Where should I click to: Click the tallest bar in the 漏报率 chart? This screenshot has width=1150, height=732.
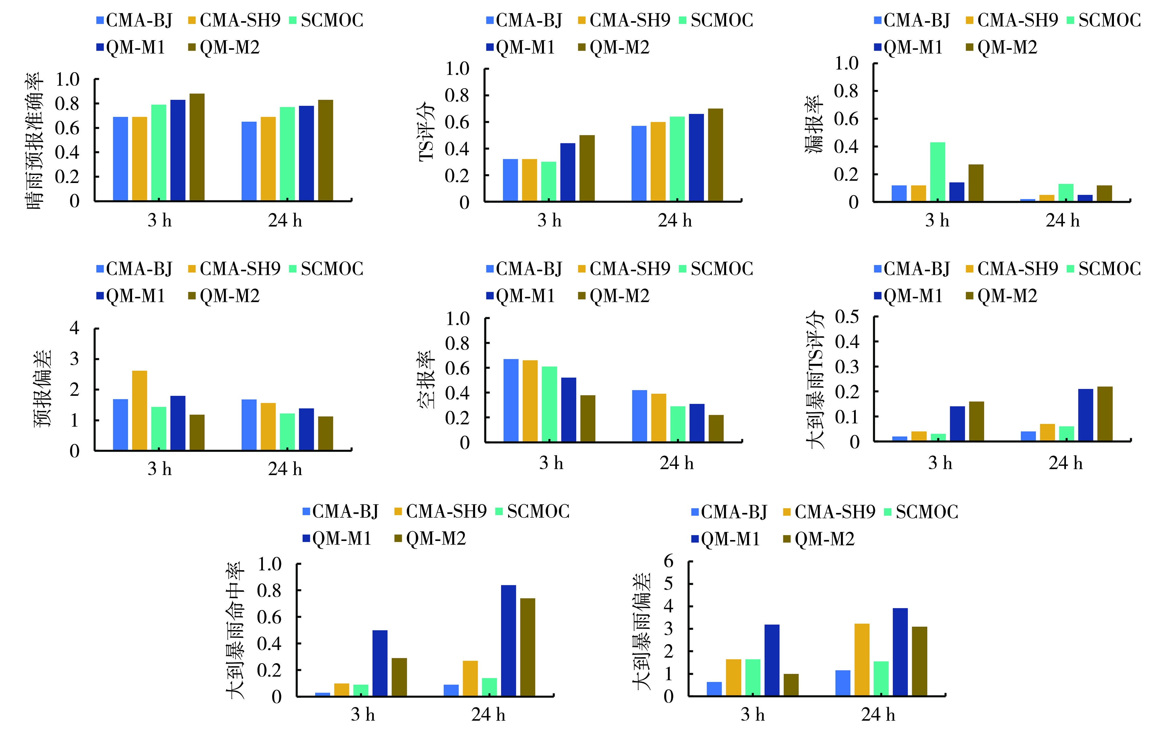(937, 172)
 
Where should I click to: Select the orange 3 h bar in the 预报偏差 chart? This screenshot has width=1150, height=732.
(140, 411)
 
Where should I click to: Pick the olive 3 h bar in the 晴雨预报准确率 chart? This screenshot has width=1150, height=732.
(197, 147)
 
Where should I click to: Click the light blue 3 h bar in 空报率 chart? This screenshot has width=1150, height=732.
(511, 400)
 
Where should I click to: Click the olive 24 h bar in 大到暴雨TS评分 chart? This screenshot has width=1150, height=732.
(1105, 413)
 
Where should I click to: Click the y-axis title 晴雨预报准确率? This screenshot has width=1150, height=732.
(34, 141)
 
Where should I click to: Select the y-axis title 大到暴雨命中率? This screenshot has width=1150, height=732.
(235, 630)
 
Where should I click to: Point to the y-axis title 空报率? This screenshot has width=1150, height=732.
(427, 380)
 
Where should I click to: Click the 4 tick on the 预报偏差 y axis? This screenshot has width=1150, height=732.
(75, 328)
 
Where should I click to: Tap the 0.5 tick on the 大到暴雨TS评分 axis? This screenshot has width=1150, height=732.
(847, 317)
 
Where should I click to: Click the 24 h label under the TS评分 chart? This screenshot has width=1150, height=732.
(675, 221)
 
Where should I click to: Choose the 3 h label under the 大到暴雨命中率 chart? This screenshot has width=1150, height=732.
(363, 715)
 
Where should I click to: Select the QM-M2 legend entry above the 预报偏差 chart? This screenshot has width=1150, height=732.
(224, 296)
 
